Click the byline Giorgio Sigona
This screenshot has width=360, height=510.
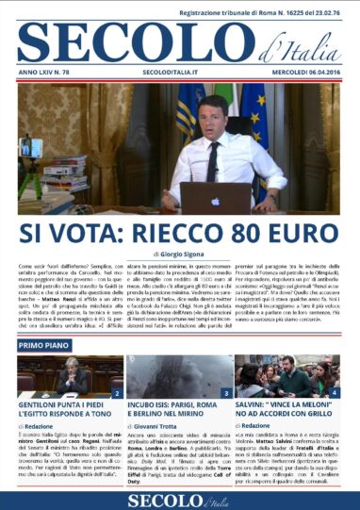[183, 255]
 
